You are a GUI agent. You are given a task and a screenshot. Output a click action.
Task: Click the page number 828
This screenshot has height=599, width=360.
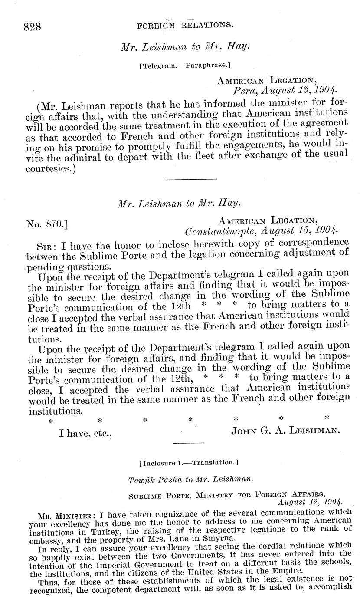pyautogui.click(x=32, y=26)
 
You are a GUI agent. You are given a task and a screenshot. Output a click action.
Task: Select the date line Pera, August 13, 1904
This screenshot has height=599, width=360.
pyautogui.click(x=284, y=91)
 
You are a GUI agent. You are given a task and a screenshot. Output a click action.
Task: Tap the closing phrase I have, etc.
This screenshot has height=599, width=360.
pyautogui.click(x=85, y=431)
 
